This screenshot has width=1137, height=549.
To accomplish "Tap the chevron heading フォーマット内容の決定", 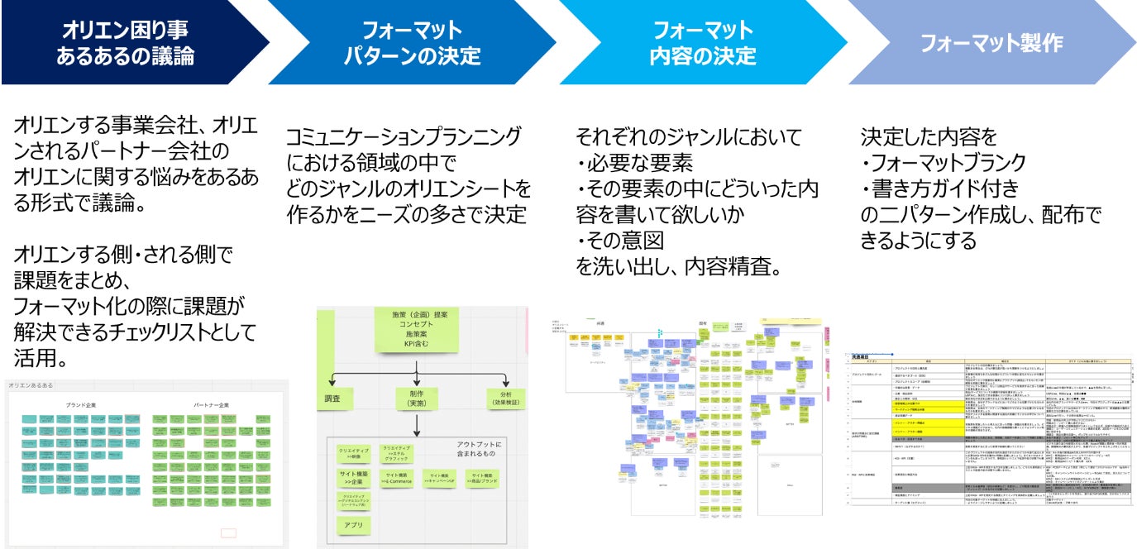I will coord(702,43).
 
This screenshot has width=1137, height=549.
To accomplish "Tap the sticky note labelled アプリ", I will coord(352,525).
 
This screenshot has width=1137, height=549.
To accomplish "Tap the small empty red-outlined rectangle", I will coord(228,532).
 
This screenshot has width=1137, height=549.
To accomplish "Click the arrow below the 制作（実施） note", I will coord(416,424).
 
